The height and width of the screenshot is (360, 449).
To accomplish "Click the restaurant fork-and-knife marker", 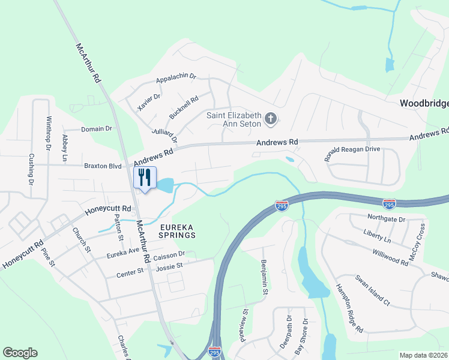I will click(144, 178).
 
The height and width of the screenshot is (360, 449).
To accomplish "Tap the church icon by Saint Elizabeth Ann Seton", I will click(271, 119).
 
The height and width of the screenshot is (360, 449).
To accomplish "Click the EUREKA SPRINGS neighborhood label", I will click(178, 231).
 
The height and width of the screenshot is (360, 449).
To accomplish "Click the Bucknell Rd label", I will click(184, 107).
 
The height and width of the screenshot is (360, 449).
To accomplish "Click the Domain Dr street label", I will click(97, 128).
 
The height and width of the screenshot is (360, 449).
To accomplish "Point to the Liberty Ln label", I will click(377, 235).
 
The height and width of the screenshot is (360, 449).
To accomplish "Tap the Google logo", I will click(20, 353).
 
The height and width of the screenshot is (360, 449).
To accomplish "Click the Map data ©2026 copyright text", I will click(424, 355).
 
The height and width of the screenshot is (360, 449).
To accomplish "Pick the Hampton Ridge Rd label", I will click(349, 308).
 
